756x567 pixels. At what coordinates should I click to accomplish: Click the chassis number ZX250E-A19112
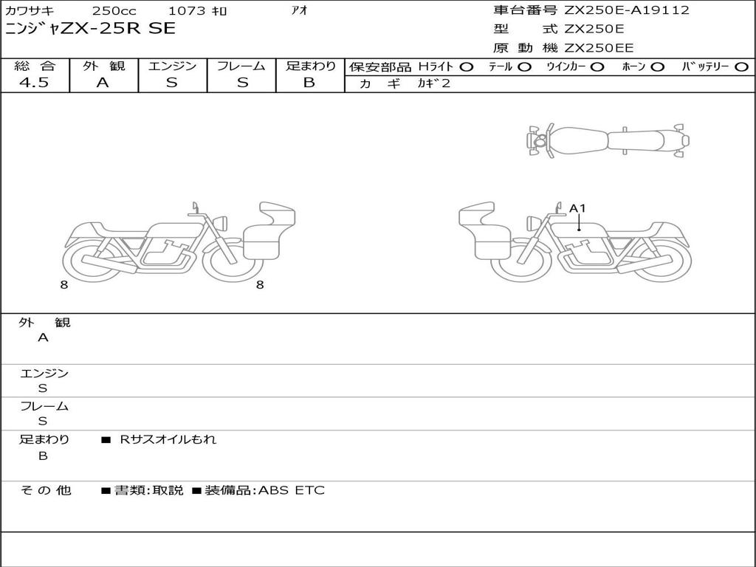tap(627, 10)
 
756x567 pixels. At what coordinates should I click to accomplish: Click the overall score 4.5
tap(34, 83)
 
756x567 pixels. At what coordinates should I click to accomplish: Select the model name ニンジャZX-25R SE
tap(90, 29)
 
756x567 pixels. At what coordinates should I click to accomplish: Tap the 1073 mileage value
tap(187, 10)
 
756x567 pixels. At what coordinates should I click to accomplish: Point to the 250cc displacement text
tap(114, 10)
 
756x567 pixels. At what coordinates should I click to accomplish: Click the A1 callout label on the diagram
tap(577, 208)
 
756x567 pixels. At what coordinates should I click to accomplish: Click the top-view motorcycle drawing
tap(608, 141)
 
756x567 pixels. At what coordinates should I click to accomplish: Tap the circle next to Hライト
tap(467, 67)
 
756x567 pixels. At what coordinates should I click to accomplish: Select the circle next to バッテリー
tap(741, 67)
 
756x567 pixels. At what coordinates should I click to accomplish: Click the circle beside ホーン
tap(657, 67)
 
